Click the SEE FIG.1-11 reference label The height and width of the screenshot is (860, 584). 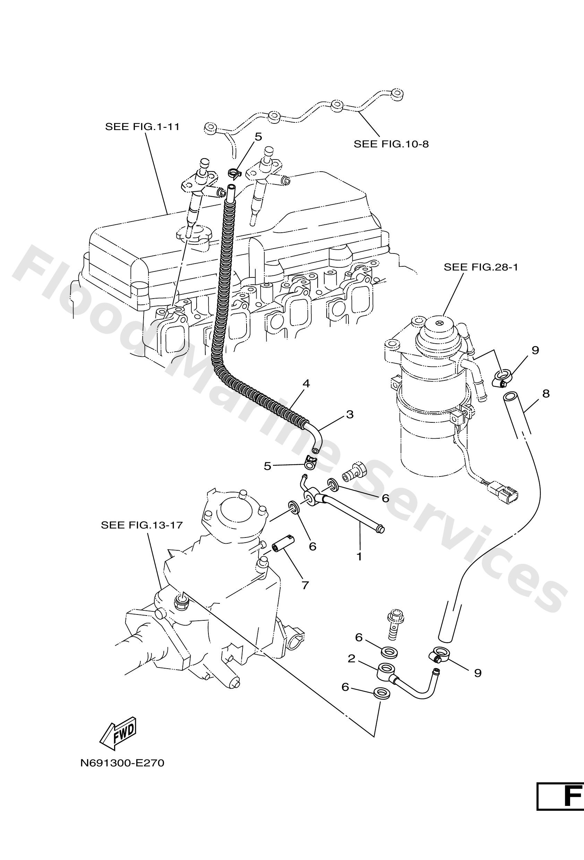(143, 127)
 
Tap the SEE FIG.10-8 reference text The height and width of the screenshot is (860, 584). (391, 144)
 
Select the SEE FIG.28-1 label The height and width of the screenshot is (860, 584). (481, 267)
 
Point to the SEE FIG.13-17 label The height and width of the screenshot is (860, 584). (142, 525)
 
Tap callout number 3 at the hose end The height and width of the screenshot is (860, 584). (350, 414)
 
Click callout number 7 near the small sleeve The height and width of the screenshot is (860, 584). (305, 585)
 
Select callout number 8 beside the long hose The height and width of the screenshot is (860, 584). (546, 394)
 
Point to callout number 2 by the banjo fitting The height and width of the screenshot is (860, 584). (351, 658)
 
